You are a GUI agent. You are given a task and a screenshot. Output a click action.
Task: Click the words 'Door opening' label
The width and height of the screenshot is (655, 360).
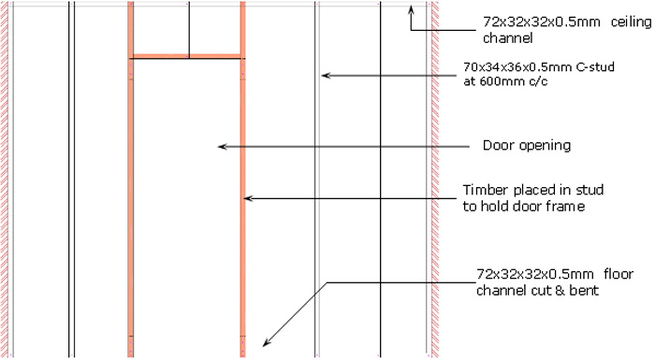click(526, 146)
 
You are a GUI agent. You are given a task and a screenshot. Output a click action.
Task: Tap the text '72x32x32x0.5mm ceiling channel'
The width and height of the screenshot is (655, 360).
click(551, 30)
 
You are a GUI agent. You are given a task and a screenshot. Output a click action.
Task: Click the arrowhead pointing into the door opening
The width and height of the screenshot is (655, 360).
click(222, 146)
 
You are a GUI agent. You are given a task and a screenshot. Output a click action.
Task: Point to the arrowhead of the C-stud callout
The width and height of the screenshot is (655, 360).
click(324, 74)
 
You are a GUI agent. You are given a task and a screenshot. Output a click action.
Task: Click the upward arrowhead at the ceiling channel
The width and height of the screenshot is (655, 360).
click(412, 11)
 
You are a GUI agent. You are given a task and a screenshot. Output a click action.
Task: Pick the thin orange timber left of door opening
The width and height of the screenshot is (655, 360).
click(129, 206)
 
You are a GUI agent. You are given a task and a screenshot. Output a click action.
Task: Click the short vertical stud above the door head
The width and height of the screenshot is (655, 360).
click(188, 28)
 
